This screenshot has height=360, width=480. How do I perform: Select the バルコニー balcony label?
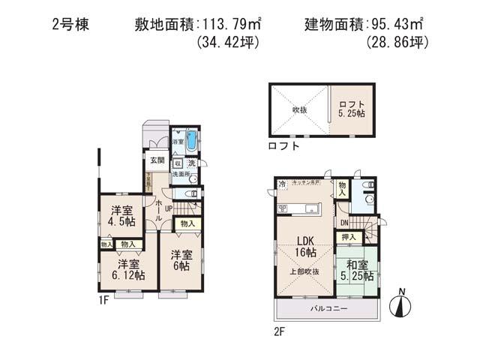point(328,308)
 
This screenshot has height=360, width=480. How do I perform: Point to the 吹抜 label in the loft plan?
point(298,109)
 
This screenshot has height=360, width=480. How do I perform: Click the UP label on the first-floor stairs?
point(169,208)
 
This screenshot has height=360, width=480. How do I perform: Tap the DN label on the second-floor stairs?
point(343,223)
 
